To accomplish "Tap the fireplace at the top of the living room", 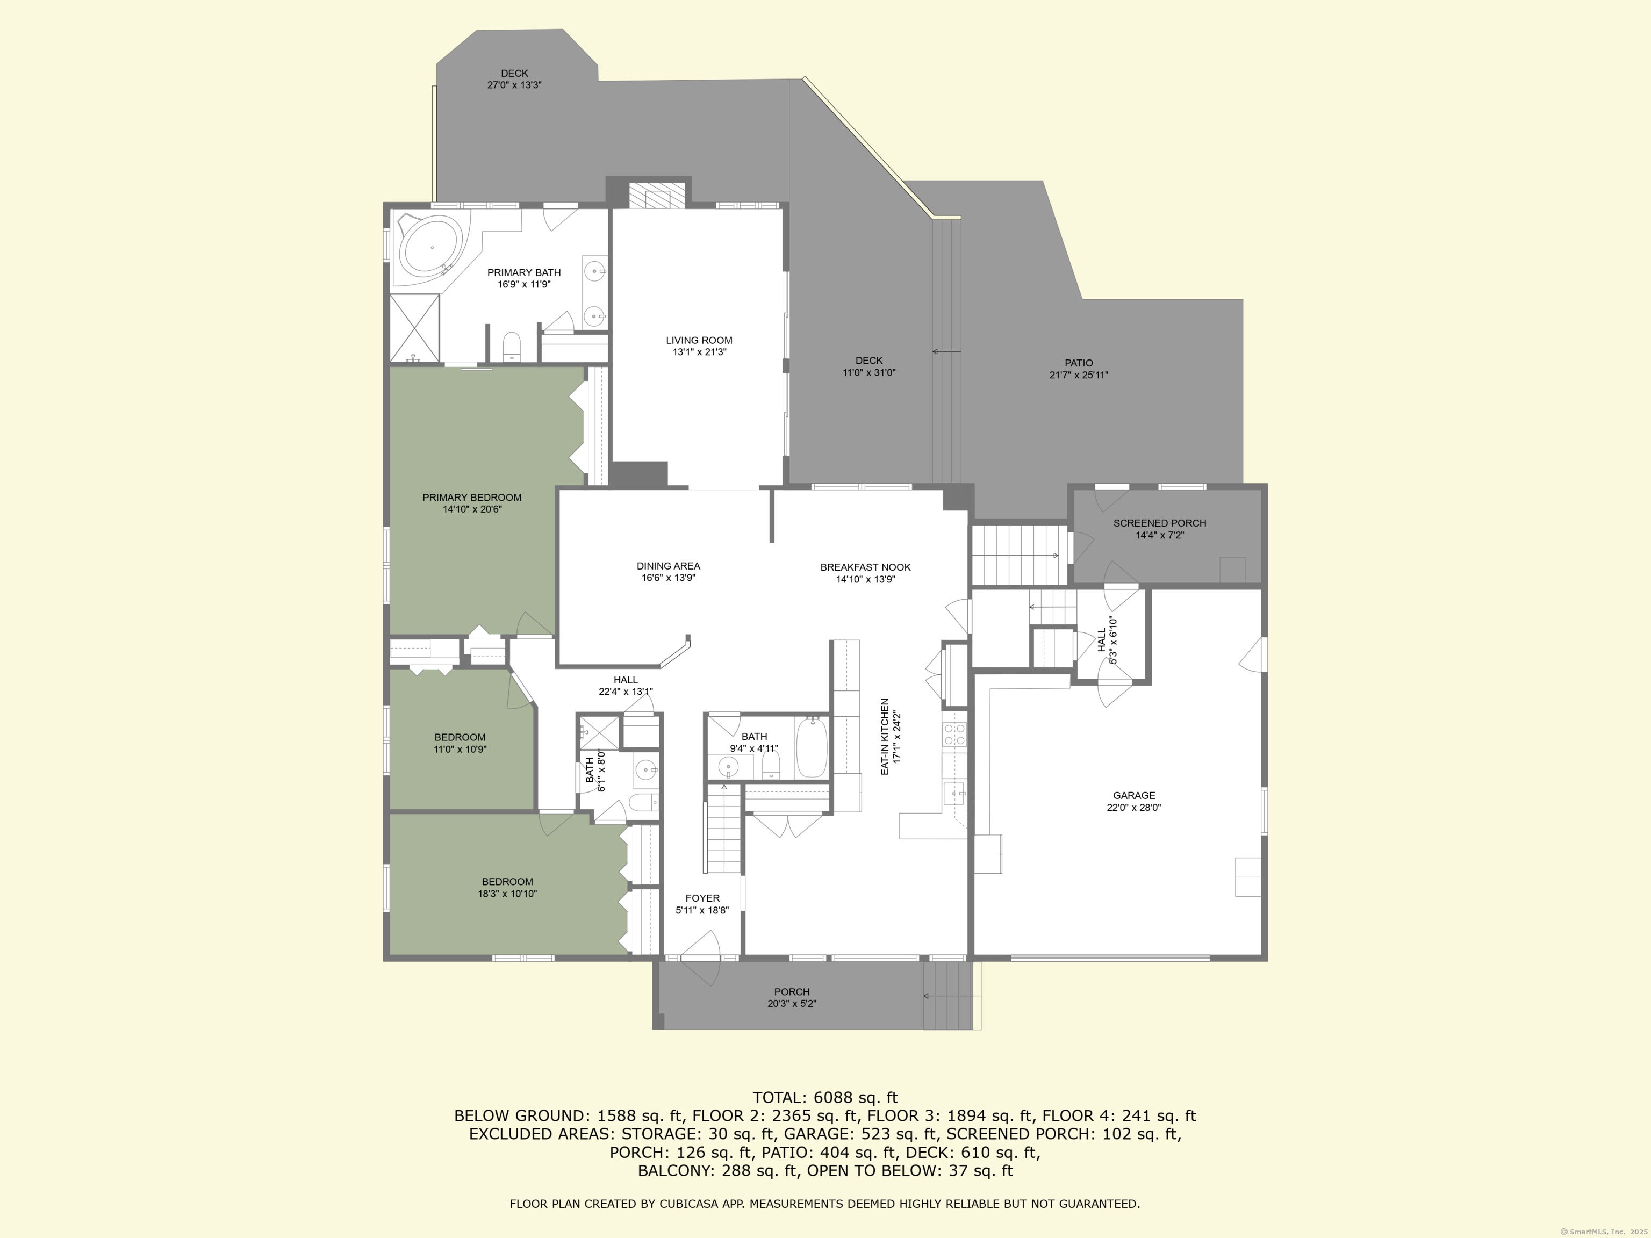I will [x=657, y=196].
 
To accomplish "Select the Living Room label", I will [x=699, y=340].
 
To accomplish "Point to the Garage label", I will [x=1134, y=795].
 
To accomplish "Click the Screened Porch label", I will [x=1159, y=523].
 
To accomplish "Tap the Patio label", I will [x=1079, y=363].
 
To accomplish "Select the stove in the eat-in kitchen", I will [x=954, y=735].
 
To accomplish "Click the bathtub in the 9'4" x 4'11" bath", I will [x=812, y=747].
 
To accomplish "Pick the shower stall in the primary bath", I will [x=415, y=328].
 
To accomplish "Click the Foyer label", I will [x=702, y=898].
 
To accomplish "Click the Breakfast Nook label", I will [x=865, y=567].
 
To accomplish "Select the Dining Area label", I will [x=668, y=566].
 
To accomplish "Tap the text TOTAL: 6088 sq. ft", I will [x=825, y=1098].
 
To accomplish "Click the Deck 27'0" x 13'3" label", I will [x=514, y=73].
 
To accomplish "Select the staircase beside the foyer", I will [x=722, y=829].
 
